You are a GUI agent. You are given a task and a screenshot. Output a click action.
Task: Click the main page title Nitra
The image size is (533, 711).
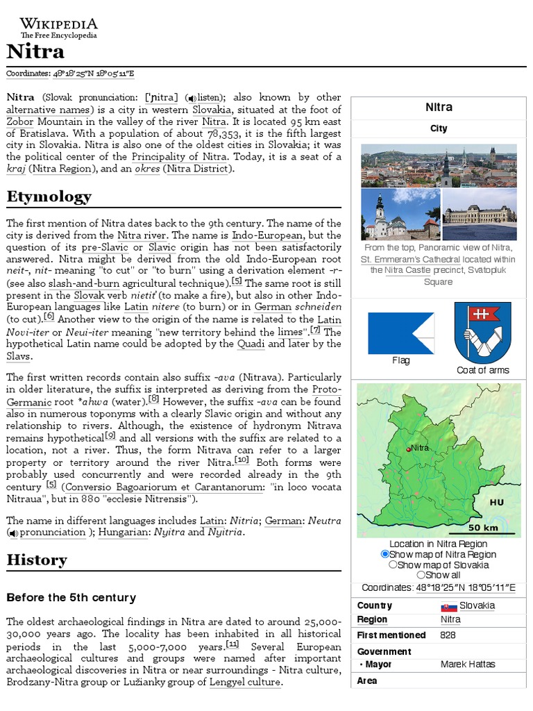coord(35,52)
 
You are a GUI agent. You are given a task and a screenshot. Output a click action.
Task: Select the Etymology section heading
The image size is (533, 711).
coord(49,196)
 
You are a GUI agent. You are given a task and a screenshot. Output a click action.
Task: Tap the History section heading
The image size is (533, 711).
coord(37,560)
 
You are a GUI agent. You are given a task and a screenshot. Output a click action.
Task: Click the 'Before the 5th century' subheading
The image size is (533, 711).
coord(71,597)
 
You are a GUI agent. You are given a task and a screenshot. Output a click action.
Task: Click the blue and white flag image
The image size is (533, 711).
coord(400,333)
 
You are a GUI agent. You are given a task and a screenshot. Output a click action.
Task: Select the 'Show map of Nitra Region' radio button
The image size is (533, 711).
coord(385,554)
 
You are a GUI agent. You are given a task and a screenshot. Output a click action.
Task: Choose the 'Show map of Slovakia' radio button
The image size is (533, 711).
coord(393,564)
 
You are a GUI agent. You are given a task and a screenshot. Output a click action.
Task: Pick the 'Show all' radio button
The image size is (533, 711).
coord(421,575)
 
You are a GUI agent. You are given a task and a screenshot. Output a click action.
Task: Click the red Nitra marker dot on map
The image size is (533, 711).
coord(408,450)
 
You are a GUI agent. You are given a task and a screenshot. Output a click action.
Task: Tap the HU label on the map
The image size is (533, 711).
coord(496,502)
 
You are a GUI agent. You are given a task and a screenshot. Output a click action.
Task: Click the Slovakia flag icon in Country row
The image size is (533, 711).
coord(448,606)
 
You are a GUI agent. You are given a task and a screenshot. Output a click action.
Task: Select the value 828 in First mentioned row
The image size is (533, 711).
coord(448,635)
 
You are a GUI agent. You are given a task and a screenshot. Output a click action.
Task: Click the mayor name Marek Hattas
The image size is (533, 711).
coord(468,664)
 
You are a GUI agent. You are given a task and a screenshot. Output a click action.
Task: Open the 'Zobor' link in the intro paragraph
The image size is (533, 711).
coord(20,121)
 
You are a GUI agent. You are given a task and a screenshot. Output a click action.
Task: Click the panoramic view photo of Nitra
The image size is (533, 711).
coord(439,165)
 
